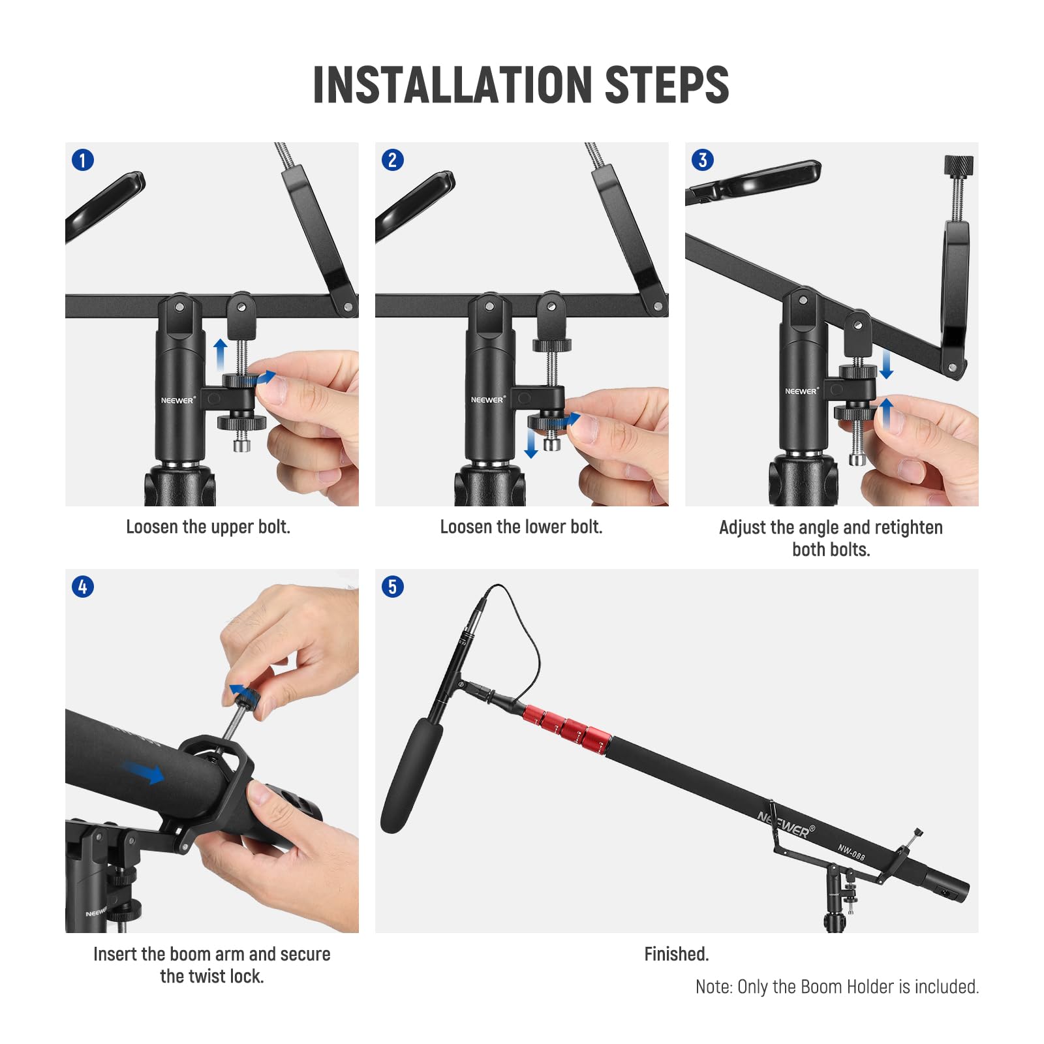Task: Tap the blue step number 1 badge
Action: [83, 160]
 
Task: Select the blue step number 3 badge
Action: [703, 160]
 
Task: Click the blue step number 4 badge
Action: [83, 587]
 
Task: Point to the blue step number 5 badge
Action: [393, 587]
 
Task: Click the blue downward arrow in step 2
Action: [531, 444]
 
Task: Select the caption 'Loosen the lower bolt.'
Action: [521, 527]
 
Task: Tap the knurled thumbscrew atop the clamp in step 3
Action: [958, 166]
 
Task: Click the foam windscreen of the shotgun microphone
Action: [411, 776]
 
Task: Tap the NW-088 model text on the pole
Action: [852, 852]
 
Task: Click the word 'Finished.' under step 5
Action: [676, 954]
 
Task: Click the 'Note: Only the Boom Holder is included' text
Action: [837, 987]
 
